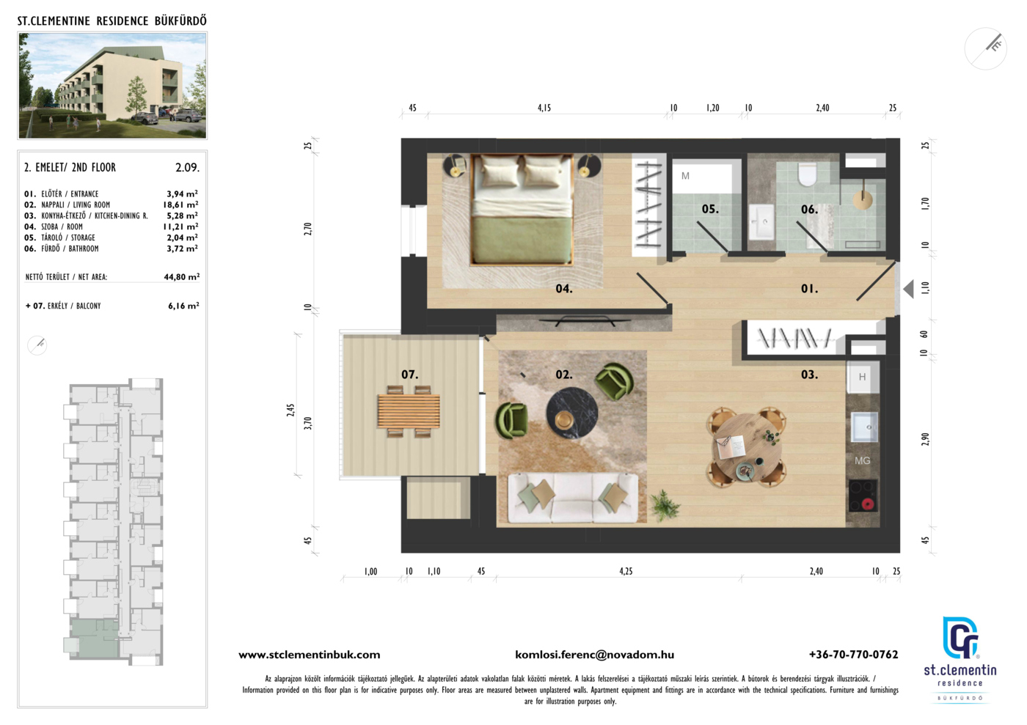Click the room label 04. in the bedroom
(x=563, y=289)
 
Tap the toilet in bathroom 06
(x=807, y=174)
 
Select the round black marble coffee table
(x=571, y=413)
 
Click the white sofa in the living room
(x=573, y=498)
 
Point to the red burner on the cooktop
(x=867, y=504)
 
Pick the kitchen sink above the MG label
(x=864, y=427)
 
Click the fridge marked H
(x=863, y=378)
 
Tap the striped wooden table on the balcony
(x=409, y=411)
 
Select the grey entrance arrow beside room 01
(x=908, y=289)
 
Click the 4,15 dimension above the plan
(x=544, y=108)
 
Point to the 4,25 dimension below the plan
(x=626, y=572)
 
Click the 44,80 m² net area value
(x=182, y=277)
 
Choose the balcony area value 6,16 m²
(x=183, y=306)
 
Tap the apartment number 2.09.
(x=188, y=168)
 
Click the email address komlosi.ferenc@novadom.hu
(x=595, y=655)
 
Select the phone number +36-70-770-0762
(x=854, y=655)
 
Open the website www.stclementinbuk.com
(x=310, y=655)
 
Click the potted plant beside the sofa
(x=663, y=506)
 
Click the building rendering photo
(x=112, y=86)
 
